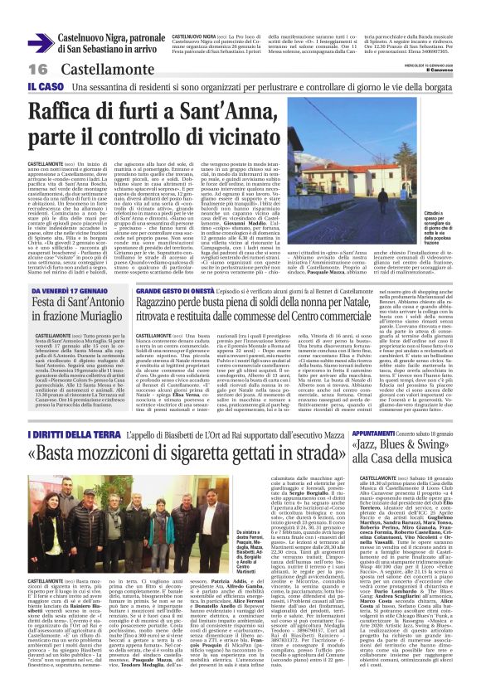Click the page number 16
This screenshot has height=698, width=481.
coord(15,68)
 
